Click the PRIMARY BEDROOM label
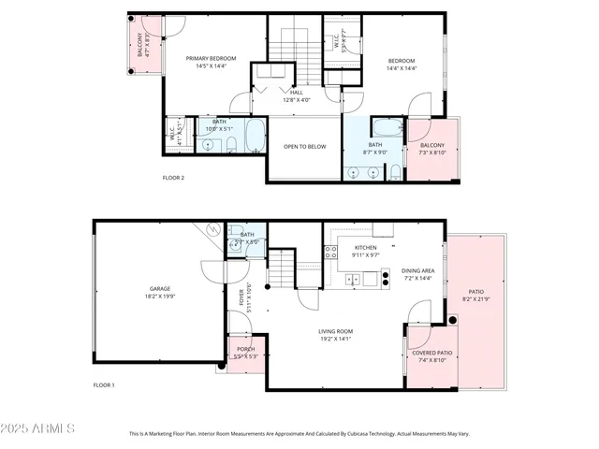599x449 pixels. coord(210,59)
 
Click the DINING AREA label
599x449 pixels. coord(418,270)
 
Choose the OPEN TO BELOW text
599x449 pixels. coord(304,147)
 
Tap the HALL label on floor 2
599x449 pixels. coord(297,92)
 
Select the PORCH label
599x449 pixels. coord(245,349)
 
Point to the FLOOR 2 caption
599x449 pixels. coord(173,178)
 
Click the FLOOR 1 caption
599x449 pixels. coord(103,385)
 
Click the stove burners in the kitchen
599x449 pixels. coord(330,251)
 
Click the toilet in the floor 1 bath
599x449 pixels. coord(234,249)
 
